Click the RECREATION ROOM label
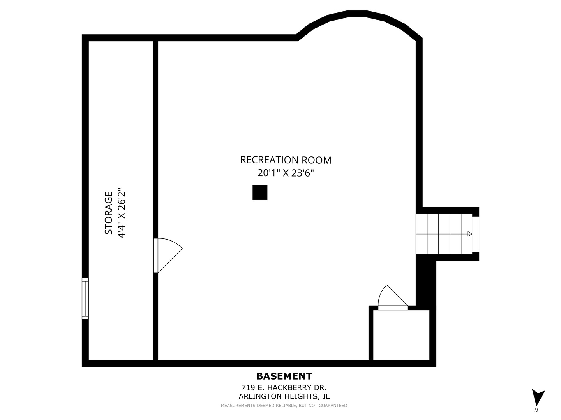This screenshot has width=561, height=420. point(286,160)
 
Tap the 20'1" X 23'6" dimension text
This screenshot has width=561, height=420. point(286,173)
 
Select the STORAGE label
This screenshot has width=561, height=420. point(109,213)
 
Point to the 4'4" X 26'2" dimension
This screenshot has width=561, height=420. point(122,213)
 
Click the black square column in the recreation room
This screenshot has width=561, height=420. point(260,192)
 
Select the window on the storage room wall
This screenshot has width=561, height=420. point(85,298)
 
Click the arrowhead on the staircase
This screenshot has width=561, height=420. point(469,234)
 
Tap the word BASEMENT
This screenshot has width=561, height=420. point(284,376)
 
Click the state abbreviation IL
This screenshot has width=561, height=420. point(326,397)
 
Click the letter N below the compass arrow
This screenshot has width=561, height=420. point(536,410)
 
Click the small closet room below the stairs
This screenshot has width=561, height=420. point(401,335)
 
